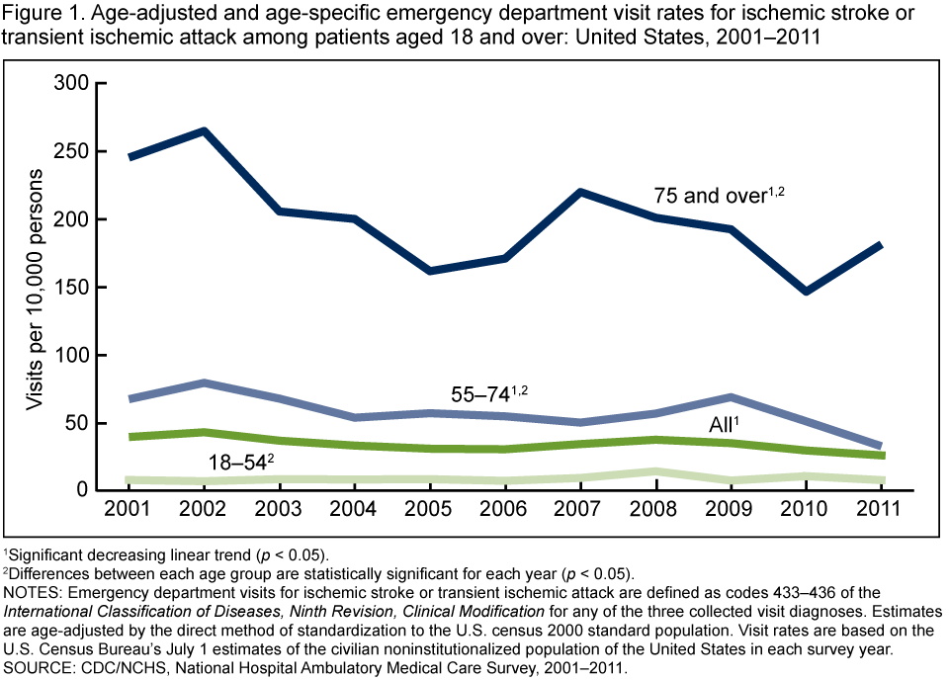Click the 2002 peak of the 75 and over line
[204, 130]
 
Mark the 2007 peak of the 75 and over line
[579, 192]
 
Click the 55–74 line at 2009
[731, 397]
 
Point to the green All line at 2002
[204, 432]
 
